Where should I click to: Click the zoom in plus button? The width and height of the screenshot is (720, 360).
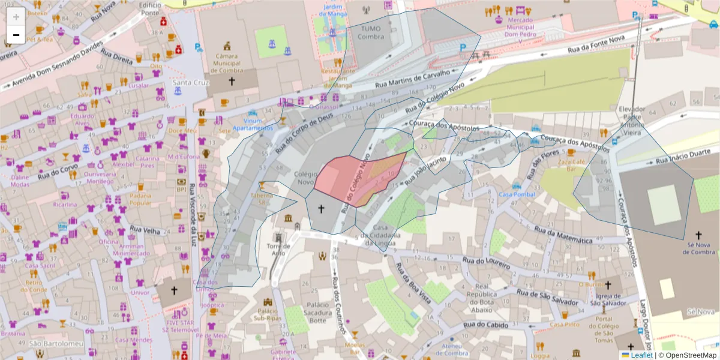point(16,17)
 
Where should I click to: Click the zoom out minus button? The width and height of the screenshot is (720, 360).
point(16,35)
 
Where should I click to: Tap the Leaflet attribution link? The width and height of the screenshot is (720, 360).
point(641,355)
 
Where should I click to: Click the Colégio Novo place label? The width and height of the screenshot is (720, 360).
point(306,177)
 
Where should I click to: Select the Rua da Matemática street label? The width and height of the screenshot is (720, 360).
point(563,235)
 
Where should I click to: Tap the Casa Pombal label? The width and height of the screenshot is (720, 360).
point(517,194)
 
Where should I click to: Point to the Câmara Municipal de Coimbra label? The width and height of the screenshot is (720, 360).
point(227,63)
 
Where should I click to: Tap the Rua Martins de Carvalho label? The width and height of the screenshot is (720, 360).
point(412,80)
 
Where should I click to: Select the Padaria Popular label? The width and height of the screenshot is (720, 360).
point(140,199)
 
